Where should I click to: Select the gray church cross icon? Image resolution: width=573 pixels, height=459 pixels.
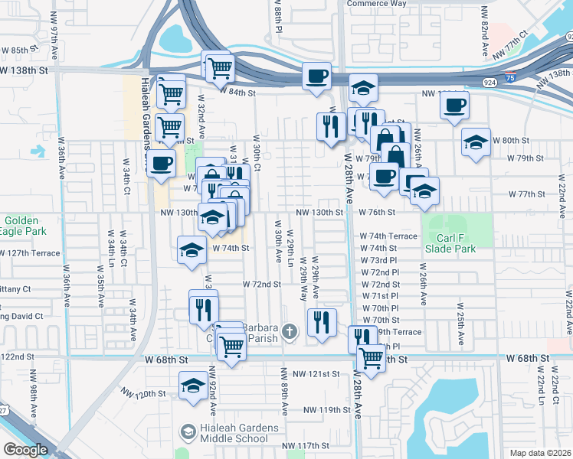pyautogui.click(x=289, y=331)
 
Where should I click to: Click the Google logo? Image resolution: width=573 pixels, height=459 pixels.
pyautogui.click(x=25, y=450)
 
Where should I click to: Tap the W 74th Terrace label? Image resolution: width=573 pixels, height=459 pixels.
pyautogui.click(x=388, y=237)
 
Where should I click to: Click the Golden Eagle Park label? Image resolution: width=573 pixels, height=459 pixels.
pyautogui.click(x=23, y=226)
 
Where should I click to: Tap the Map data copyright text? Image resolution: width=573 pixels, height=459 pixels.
pyautogui.click(x=540, y=453)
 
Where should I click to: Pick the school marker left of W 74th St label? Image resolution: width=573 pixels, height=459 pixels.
pyautogui.click(x=192, y=250)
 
